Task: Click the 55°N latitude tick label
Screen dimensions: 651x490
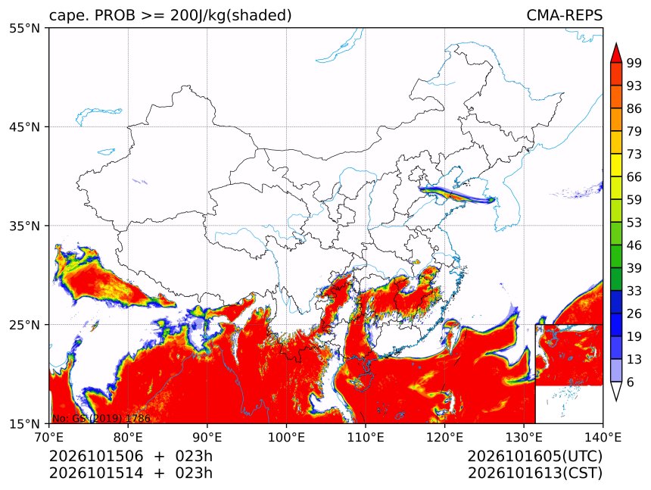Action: (x=25, y=29)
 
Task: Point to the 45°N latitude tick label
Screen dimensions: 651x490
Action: (x=25, y=127)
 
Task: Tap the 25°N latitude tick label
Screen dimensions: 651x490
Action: (x=25, y=325)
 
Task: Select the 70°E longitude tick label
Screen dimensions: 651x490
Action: (x=49, y=437)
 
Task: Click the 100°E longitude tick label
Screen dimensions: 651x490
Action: (x=286, y=437)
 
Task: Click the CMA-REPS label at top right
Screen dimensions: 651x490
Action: (x=564, y=15)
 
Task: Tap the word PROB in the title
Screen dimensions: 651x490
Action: (x=115, y=15)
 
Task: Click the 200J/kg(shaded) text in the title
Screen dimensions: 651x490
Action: (x=231, y=16)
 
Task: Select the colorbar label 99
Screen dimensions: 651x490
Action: (x=634, y=63)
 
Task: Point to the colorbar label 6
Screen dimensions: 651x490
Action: (x=631, y=382)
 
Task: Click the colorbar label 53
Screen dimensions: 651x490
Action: (x=634, y=223)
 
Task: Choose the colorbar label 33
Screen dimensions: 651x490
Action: (x=634, y=291)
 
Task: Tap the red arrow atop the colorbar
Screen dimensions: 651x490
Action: (x=616, y=53)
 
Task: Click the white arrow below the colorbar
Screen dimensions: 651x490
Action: (x=616, y=391)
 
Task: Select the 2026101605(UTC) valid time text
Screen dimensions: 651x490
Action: (x=534, y=457)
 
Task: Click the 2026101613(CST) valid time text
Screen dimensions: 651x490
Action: (x=534, y=473)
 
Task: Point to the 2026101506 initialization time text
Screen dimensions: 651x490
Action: (x=96, y=457)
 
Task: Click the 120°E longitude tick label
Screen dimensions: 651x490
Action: (x=444, y=437)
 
